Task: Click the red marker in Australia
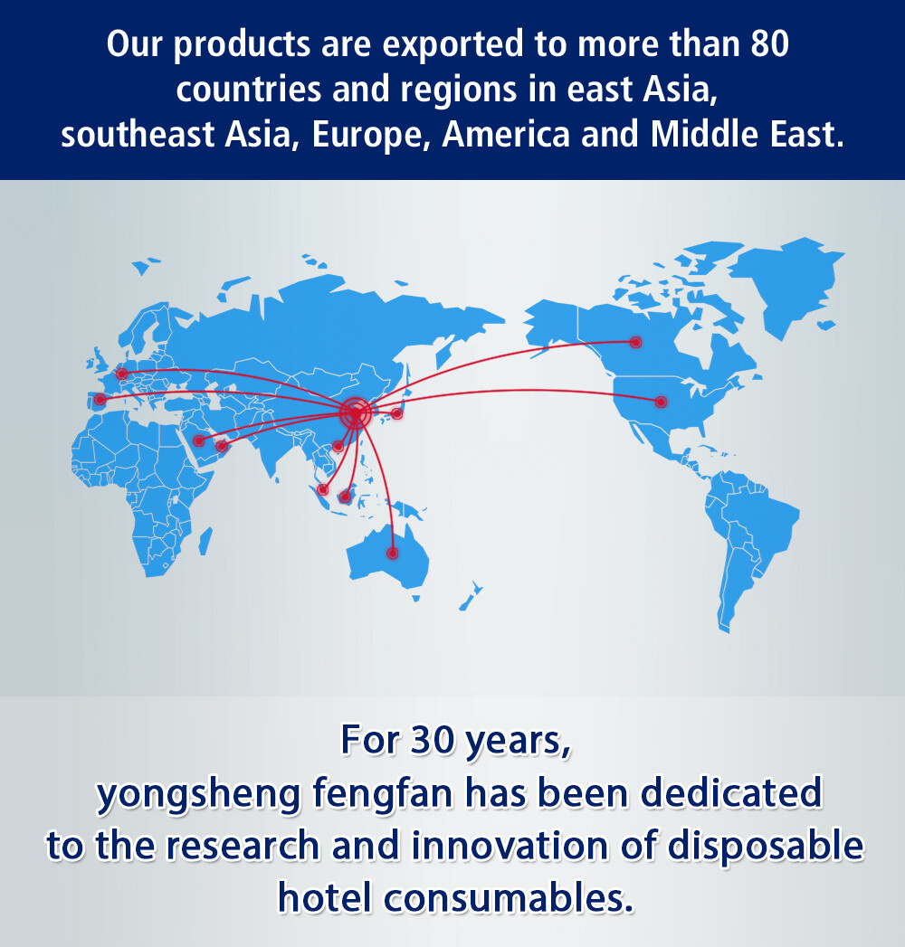393,553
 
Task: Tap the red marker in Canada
635,342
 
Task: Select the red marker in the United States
661,402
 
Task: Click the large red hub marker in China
355,413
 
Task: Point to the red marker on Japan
397,413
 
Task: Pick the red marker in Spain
100,399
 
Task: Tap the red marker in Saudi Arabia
199,440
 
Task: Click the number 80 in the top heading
769,44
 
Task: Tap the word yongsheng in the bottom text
198,794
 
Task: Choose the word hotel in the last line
324,897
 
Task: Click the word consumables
509,898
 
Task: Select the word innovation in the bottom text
510,846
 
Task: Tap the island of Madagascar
205,541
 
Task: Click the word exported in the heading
453,44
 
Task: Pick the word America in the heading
506,134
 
